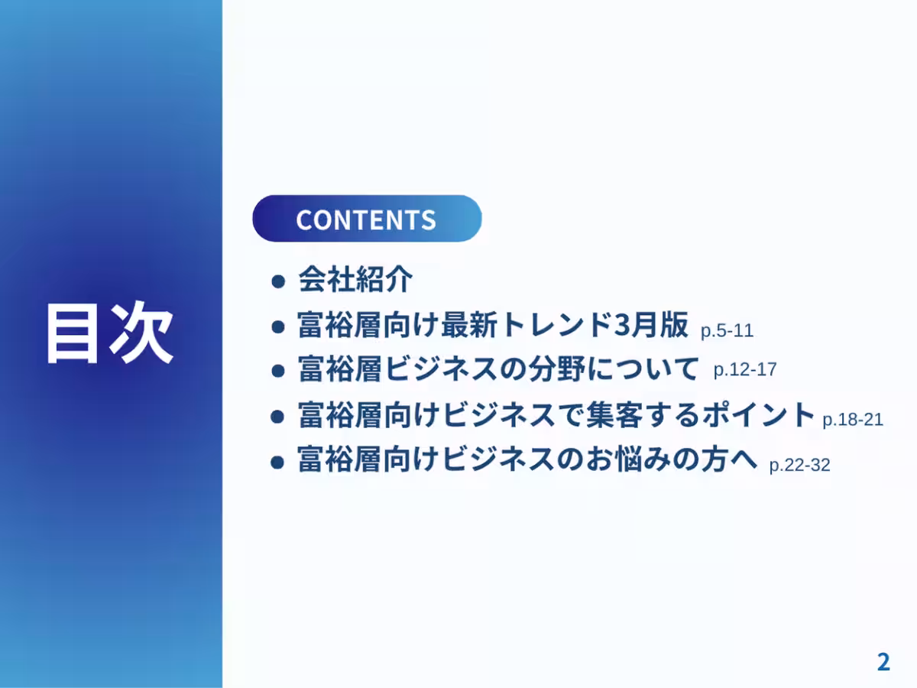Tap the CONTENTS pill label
(x=366, y=219)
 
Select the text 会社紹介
(x=355, y=280)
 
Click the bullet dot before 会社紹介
(x=279, y=281)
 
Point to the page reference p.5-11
(x=727, y=331)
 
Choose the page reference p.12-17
(x=744, y=370)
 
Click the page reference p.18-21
(x=853, y=420)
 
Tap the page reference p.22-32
(x=799, y=465)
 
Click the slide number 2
(x=883, y=662)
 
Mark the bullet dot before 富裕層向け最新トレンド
(x=279, y=326)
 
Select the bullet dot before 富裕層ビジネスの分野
(x=279, y=371)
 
